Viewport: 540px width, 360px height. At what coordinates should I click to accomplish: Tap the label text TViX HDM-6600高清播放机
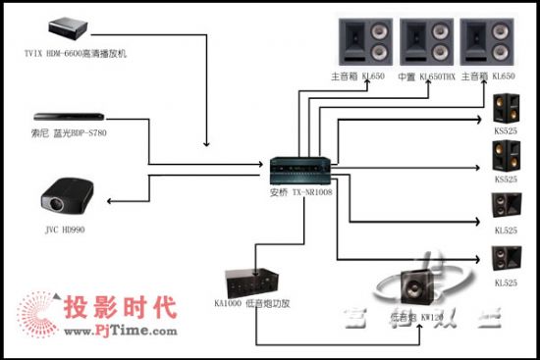(x=78, y=52)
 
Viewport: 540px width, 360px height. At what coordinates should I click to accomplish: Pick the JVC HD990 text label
(x=63, y=231)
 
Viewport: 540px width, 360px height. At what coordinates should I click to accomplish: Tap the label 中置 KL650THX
(x=426, y=77)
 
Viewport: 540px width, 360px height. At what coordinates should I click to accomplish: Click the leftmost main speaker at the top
(x=365, y=41)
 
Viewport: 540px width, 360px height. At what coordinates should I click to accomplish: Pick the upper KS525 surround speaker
(x=507, y=109)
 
